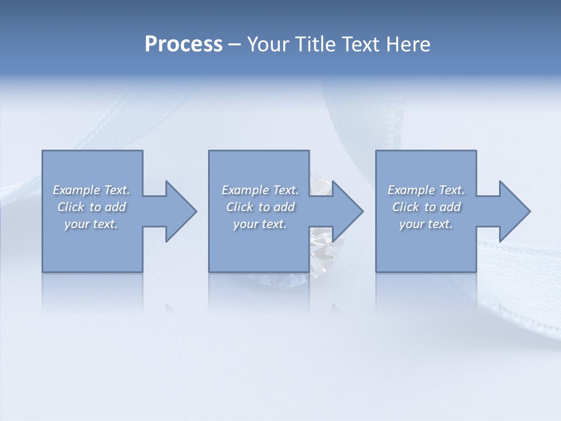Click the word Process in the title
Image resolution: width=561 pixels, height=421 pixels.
point(183,44)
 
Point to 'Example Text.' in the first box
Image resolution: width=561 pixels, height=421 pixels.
point(91,190)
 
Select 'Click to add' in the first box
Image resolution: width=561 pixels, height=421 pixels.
point(91,207)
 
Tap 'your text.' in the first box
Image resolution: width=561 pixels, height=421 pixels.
point(91,224)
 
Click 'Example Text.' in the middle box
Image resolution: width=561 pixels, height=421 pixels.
point(260,190)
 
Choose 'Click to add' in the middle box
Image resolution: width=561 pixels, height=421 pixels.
point(260,207)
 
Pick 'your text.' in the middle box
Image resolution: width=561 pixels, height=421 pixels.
point(260,224)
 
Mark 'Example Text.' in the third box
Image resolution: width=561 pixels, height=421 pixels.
point(426,190)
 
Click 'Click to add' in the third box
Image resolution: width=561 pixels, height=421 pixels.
point(426,207)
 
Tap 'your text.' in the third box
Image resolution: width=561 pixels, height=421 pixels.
point(426,224)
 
